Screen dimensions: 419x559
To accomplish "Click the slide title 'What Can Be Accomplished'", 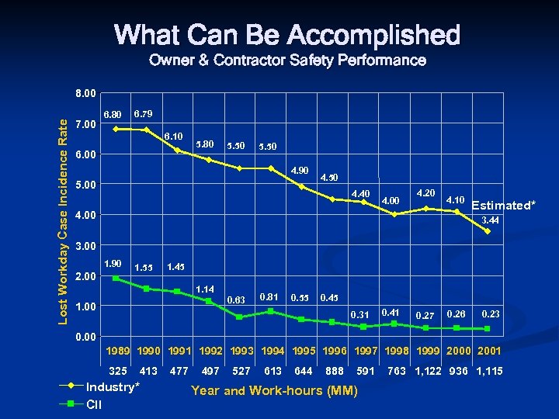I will pos(286,35).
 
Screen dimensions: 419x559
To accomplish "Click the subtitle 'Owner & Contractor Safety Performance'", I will pos(286,61).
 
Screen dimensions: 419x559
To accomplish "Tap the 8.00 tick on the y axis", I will pos(85,94).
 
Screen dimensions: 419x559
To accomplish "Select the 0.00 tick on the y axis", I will pos(85,337).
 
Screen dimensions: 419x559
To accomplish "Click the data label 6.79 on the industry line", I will pos(144,114).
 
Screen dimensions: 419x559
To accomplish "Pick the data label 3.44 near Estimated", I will pos(489,220).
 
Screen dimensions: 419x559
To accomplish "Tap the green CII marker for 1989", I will pos(116,278).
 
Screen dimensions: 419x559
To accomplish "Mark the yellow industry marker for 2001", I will pos(488,230).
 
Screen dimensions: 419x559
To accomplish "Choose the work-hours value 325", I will pos(119,372).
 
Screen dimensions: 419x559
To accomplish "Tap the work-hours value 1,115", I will pos(488,372).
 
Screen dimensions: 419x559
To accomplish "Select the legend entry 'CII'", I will pos(94,403).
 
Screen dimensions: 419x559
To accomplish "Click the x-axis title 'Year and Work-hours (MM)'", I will pos(274,390).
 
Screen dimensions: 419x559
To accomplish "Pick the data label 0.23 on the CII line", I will pos(491,314).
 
